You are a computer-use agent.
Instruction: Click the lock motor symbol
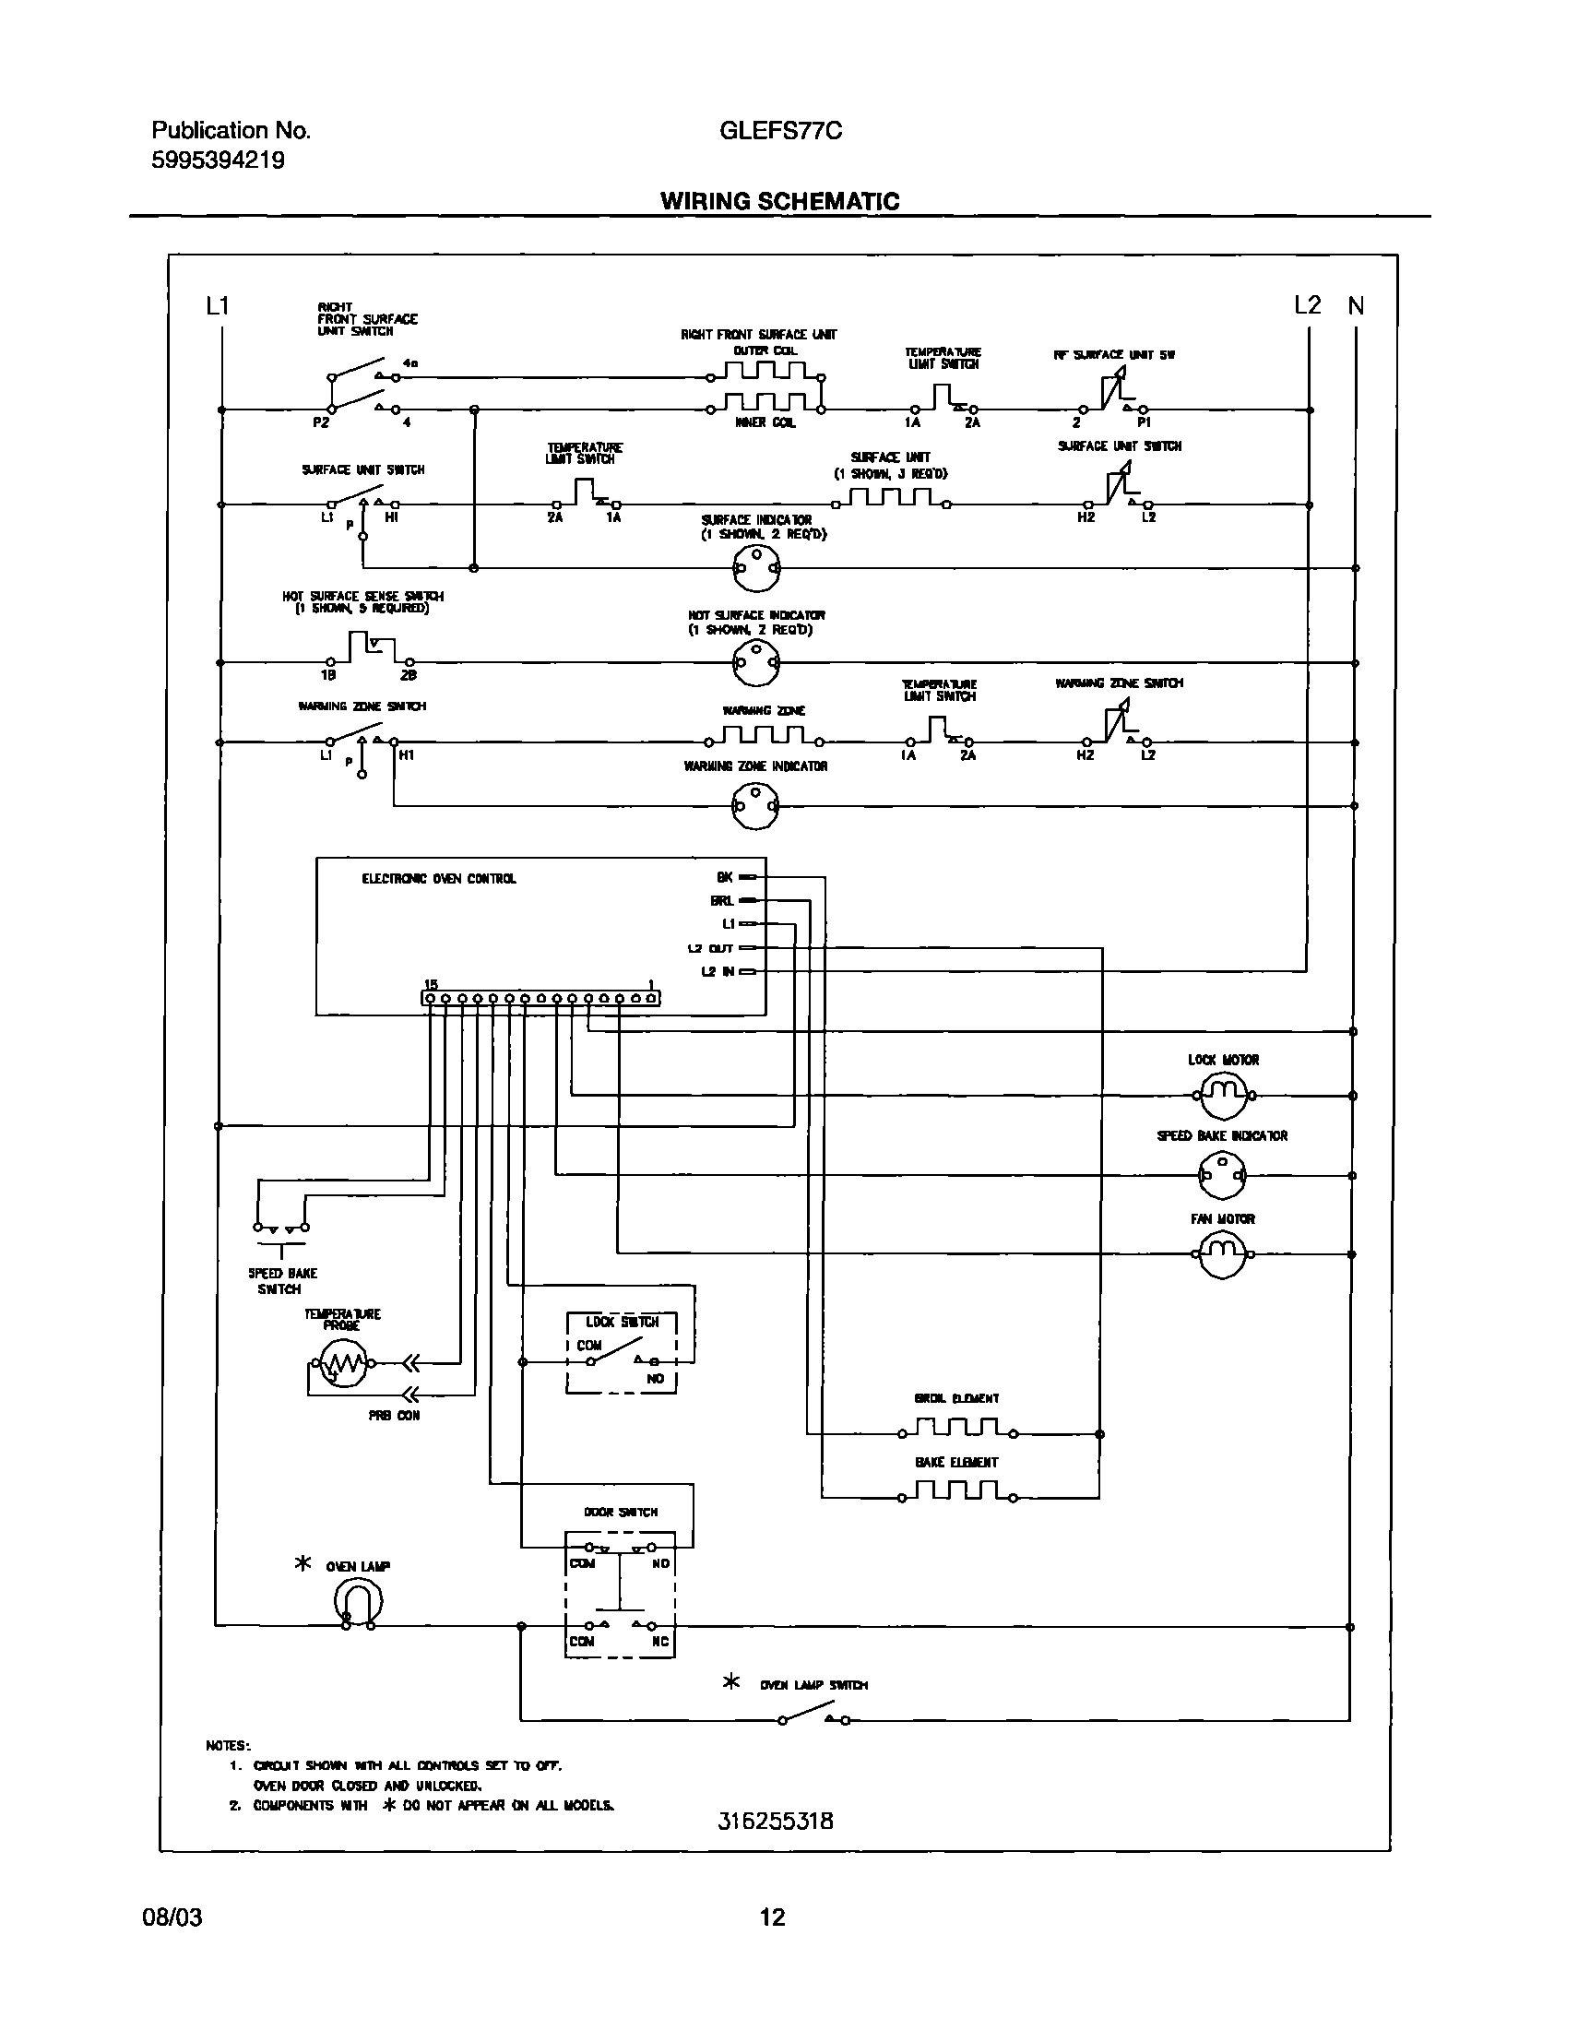coord(1223,1095)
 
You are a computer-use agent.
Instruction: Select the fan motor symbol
coord(1223,1253)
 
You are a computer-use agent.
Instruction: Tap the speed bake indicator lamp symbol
coord(1223,1176)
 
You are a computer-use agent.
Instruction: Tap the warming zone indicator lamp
coord(755,806)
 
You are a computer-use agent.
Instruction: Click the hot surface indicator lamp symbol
coord(755,662)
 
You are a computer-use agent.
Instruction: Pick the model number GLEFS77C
coord(780,131)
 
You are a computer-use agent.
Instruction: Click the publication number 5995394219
coord(218,160)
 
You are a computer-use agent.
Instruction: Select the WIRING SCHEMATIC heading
coord(779,201)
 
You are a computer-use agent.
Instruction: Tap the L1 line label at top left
coord(217,306)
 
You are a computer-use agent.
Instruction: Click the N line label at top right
coord(1356,306)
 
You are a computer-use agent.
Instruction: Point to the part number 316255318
coord(776,1821)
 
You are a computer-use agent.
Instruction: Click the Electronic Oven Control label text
coord(439,879)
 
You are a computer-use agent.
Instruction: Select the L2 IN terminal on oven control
coord(748,972)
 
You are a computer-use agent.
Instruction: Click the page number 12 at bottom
coord(772,1917)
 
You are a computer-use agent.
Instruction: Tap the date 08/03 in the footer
coord(172,1917)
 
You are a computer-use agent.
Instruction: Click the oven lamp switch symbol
coord(814,1717)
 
